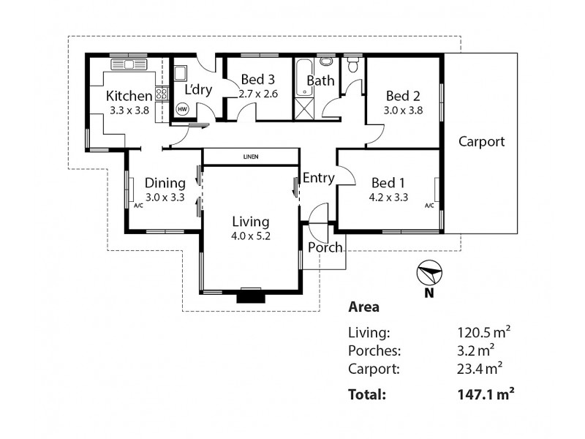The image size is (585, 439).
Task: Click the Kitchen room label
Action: click(129, 96)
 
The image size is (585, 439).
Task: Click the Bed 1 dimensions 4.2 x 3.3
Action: click(388, 196)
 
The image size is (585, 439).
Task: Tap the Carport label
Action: click(481, 142)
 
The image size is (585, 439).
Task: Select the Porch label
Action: click(325, 247)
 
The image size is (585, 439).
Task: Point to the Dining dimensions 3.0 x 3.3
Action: click(164, 197)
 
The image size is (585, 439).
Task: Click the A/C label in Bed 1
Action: click(429, 206)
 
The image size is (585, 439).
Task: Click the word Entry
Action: click(318, 178)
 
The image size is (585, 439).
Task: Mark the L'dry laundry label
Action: click(197, 90)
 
